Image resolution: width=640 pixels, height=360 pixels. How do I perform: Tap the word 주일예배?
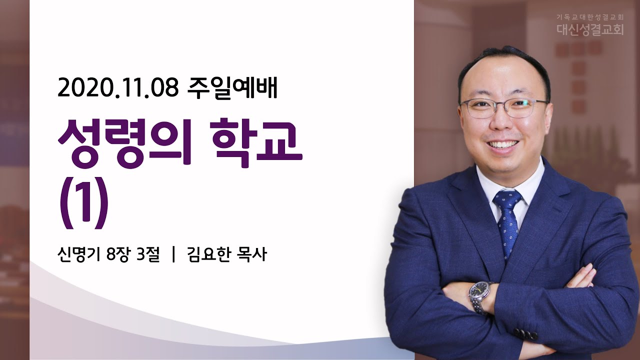(x=232, y=88)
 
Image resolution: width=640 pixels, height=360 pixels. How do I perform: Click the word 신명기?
(x=78, y=254)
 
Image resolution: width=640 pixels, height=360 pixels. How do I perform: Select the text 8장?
(x=117, y=254)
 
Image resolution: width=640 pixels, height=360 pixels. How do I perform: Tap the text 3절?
(x=147, y=254)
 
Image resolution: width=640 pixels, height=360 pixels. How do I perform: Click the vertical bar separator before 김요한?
(x=173, y=254)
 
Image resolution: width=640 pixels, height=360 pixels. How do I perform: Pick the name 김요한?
(x=208, y=254)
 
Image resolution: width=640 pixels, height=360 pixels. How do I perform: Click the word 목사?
(x=251, y=254)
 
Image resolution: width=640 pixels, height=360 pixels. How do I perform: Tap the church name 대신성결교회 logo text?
(x=584, y=29)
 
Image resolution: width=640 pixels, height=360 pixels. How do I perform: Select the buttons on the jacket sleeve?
(x=525, y=334)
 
